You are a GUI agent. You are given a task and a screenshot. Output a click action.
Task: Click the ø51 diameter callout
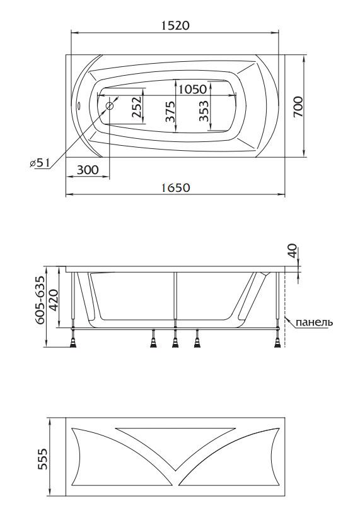[x=39, y=163]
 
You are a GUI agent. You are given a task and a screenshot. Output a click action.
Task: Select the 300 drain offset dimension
[x=88, y=168]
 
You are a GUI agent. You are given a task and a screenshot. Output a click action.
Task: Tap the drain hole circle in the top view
[x=110, y=106]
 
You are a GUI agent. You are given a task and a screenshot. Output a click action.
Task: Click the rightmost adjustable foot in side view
[x=276, y=341]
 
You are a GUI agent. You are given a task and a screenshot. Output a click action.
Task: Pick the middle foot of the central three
[x=175, y=342]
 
